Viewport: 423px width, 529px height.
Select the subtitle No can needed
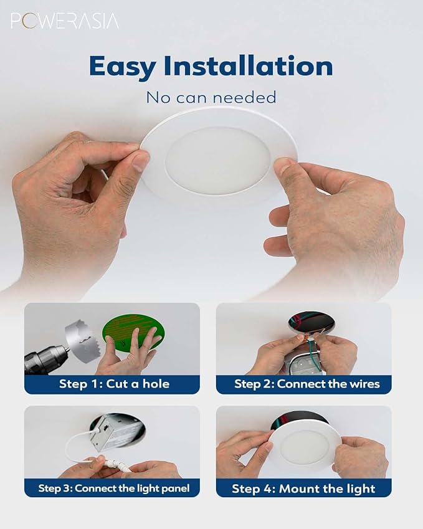[211, 97]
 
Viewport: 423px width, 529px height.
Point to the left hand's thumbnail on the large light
[141, 161]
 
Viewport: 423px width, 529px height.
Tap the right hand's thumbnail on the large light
[285, 166]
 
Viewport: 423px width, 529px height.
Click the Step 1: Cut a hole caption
[114, 384]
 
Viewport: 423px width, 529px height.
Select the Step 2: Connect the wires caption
[307, 384]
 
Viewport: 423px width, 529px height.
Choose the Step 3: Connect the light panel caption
[114, 488]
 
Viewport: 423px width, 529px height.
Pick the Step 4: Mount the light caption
[303, 488]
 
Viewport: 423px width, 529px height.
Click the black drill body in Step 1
[44, 360]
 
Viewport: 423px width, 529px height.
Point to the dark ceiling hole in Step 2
[311, 322]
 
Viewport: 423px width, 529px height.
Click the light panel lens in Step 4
[305, 447]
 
